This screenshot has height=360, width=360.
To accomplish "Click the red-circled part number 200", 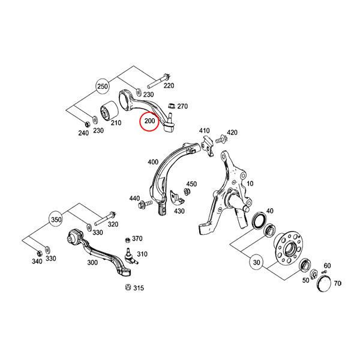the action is (149, 121).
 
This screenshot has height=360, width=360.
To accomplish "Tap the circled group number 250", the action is (103, 86).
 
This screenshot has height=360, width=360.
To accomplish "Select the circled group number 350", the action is (56, 220).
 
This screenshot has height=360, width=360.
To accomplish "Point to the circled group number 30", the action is (256, 262).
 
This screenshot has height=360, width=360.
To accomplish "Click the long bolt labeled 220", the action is (158, 81).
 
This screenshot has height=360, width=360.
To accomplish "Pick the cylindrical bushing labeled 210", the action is (110, 112).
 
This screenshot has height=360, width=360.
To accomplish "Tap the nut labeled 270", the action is (171, 106).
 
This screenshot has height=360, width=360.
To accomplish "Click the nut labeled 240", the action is (87, 124).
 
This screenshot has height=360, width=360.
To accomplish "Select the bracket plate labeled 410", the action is (208, 146).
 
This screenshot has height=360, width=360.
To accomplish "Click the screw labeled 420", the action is (221, 139).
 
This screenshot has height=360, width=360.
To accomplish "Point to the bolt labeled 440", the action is (146, 204).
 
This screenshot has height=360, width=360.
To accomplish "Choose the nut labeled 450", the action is (187, 191).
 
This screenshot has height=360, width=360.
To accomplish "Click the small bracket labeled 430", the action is (176, 198).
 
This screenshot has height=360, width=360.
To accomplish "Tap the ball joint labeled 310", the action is (131, 256).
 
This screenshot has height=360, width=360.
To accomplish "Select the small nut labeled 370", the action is (128, 240).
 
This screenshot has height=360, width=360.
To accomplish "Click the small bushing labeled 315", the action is (128, 287).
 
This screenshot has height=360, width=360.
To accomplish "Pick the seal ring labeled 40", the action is (259, 221).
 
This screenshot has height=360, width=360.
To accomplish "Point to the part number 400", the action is (153, 162).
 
